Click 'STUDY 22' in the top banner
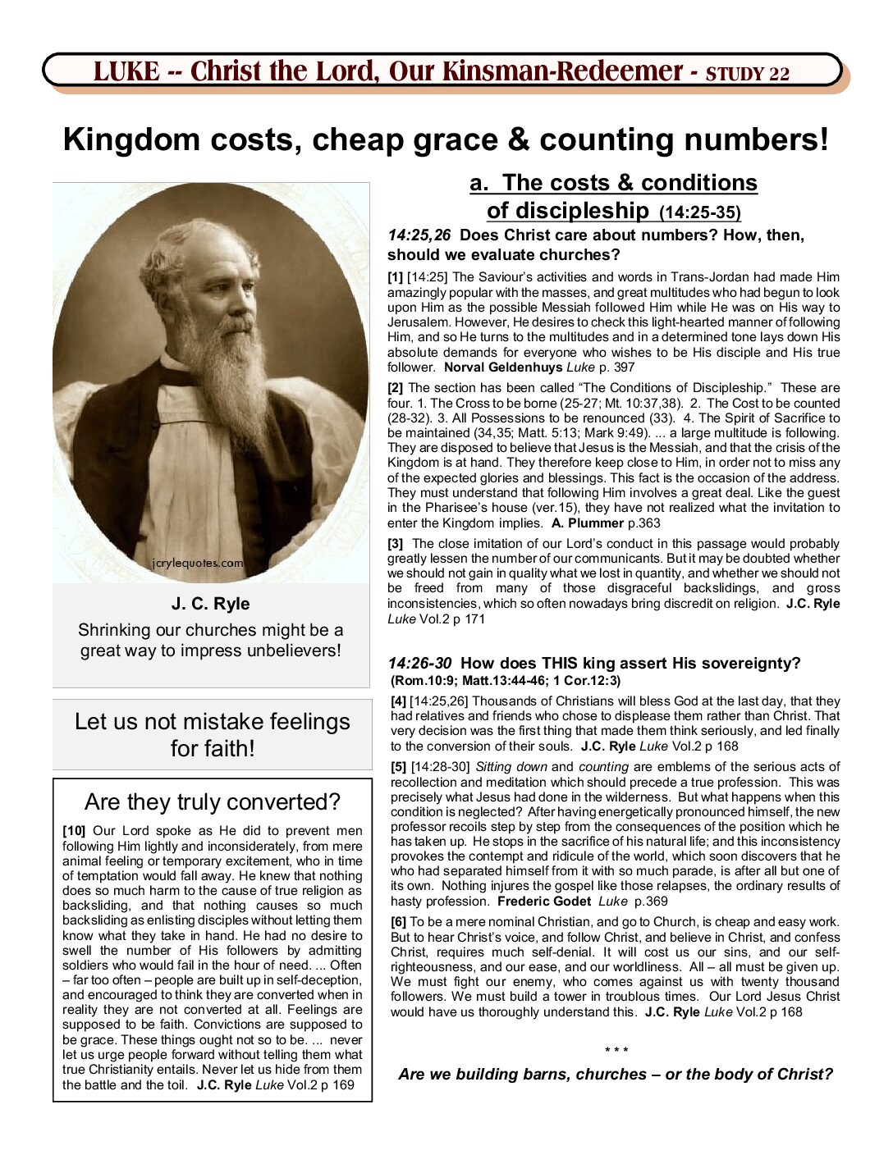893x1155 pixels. [748, 74]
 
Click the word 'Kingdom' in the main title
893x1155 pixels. [131, 139]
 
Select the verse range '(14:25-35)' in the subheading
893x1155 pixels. [700, 212]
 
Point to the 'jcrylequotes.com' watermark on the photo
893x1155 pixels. [198, 563]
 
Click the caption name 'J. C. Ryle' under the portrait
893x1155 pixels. [211, 604]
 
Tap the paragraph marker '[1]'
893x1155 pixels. [396, 277]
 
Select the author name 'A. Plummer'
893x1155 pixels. [588, 523]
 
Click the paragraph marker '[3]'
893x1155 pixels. [396, 543]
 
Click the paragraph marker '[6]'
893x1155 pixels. [399, 922]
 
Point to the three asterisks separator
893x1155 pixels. [616, 1051]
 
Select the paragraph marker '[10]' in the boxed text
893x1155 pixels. [74, 830]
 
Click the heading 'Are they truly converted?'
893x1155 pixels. [213, 801]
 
